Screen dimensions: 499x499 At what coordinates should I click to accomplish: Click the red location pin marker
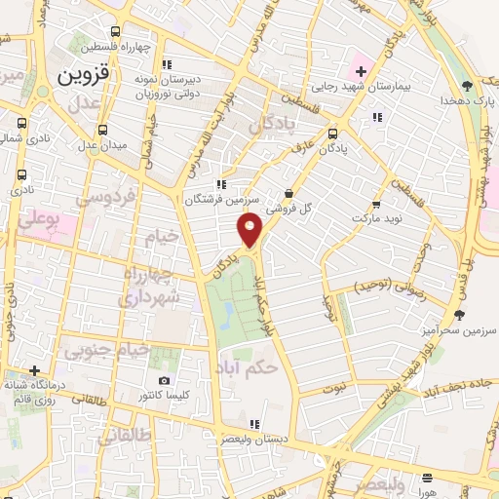click(x=249, y=229)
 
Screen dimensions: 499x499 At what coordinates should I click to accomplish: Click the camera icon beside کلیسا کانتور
click(x=164, y=380)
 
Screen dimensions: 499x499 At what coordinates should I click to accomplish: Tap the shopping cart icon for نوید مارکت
click(x=376, y=205)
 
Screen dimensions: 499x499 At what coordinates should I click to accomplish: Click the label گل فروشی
click(x=292, y=209)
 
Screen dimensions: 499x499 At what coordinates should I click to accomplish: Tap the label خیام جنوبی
click(x=109, y=350)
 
